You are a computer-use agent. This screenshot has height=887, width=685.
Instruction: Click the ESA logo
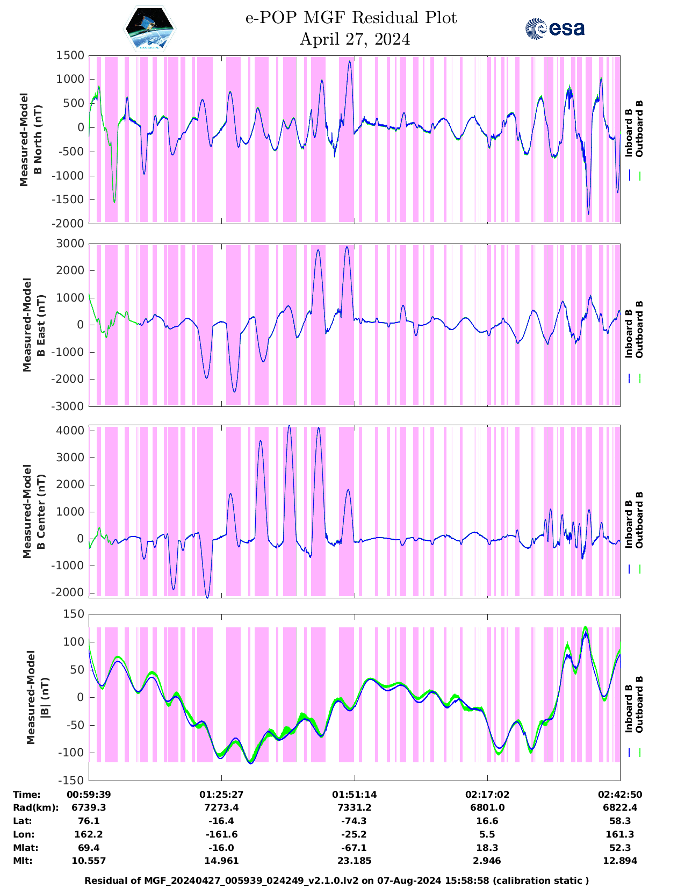pos(554,28)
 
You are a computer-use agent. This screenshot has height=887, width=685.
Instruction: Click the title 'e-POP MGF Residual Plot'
pos(351,18)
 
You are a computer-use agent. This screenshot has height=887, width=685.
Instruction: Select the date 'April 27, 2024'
pos(355,39)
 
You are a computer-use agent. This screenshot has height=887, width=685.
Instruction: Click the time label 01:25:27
pos(221,795)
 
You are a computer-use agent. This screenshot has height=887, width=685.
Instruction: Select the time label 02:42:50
pos(620,795)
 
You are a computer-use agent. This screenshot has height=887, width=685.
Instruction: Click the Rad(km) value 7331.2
pos(354,807)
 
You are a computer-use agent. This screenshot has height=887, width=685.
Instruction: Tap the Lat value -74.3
pos(354,821)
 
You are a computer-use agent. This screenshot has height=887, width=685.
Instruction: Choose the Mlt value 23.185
pos(354,861)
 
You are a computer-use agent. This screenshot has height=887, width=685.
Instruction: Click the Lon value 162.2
pos(89,834)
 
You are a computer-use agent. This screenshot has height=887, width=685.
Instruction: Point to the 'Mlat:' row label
pos(25,848)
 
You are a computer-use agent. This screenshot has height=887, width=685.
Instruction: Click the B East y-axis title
pos(32,325)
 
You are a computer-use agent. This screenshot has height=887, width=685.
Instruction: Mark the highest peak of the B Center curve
pos(290,426)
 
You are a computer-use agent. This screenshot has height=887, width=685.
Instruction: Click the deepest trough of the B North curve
pos(588,214)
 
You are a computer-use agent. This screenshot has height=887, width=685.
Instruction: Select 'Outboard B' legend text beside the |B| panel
pos(639,704)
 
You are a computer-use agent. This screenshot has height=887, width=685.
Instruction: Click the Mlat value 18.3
pos(487,848)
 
